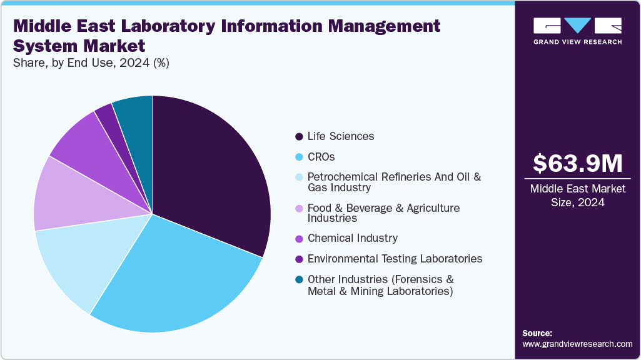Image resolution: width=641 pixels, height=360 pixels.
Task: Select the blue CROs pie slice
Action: click(175, 275)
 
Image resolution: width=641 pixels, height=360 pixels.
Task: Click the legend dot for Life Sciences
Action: click(299, 137)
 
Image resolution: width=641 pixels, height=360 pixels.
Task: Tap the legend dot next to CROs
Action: click(299, 157)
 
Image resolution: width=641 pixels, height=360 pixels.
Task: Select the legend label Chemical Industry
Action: click(352, 238)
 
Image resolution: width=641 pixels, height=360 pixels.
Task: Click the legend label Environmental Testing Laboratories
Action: click(395, 258)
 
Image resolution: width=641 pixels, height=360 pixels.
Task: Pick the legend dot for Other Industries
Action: click(299, 279)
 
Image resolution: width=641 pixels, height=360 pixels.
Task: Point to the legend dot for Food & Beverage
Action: click(299, 208)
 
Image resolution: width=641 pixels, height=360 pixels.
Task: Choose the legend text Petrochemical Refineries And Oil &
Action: click(394, 177)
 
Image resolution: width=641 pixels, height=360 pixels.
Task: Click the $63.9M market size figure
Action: click(577, 163)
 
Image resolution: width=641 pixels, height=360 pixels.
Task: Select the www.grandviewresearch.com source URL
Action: click(577, 344)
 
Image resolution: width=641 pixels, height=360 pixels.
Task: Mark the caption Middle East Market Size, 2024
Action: click(577, 195)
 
